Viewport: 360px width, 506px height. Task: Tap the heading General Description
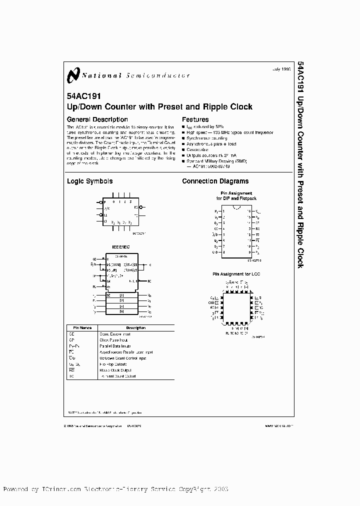pos(97,119)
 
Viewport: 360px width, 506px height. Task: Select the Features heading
pos(195,119)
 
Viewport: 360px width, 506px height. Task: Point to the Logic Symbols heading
pos(90,181)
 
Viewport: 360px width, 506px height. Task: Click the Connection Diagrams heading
pos(215,181)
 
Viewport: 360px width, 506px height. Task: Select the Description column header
pos(136,328)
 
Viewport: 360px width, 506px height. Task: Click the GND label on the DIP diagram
pos(215,253)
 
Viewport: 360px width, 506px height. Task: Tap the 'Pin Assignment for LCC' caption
pos(236,274)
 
